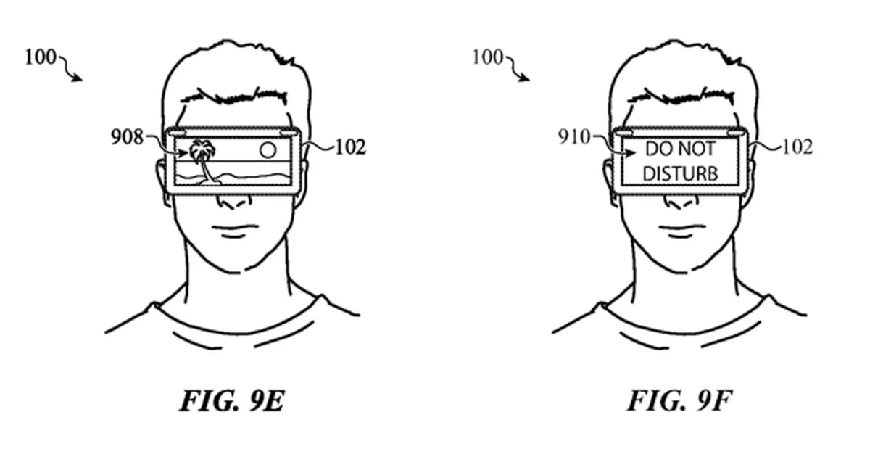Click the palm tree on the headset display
(202, 160)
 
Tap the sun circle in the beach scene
(268, 149)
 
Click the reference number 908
(127, 137)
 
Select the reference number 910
(574, 137)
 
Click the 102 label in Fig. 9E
(350, 147)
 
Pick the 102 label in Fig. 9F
(797, 147)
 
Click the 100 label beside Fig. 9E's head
(41, 57)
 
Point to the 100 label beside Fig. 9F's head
(488, 57)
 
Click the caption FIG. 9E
(232, 400)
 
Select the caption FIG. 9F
(680, 400)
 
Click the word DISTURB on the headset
(680, 173)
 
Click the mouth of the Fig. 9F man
(681, 231)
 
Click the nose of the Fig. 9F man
(681, 202)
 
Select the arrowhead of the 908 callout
(183, 153)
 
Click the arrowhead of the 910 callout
(631, 153)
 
